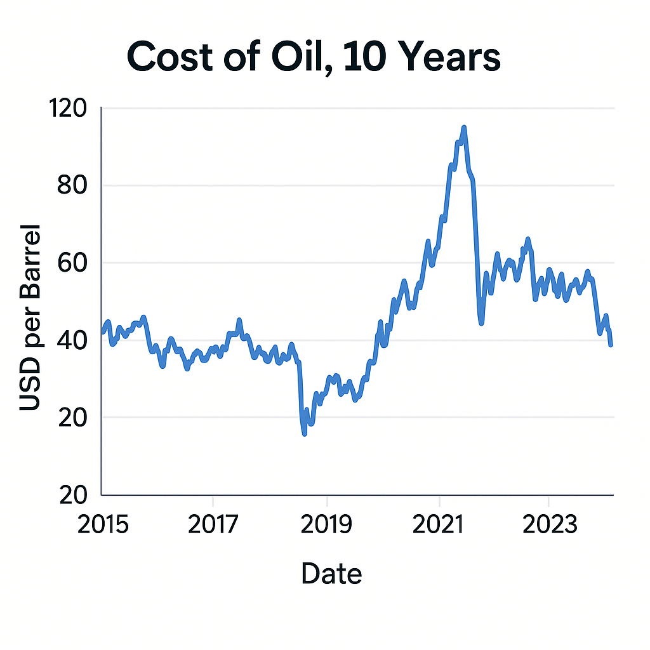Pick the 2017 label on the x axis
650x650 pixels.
click(x=214, y=526)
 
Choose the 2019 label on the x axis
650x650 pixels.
click(x=326, y=526)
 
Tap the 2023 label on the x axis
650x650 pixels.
click(x=548, y=526)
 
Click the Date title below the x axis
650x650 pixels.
click(x=331, y=574)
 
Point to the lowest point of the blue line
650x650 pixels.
click(x=305, y=434)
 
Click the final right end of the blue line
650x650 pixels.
click(x=611, y=345)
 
